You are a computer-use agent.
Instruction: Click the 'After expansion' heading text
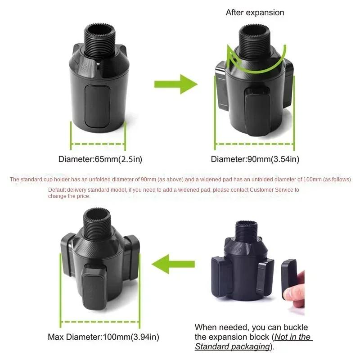[x=255, y=13]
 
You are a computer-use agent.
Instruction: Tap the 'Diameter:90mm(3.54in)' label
[x=255, y=159]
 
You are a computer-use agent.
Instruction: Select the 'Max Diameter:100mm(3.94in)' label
[x=103, y=337]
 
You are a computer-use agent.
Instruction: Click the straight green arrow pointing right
[x=175, y=84]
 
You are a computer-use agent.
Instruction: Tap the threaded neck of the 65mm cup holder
[x=98, y=38]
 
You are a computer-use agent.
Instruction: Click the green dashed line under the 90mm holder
[x=255, y=144]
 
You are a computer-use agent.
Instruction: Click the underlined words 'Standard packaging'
[x=231, y=346]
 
